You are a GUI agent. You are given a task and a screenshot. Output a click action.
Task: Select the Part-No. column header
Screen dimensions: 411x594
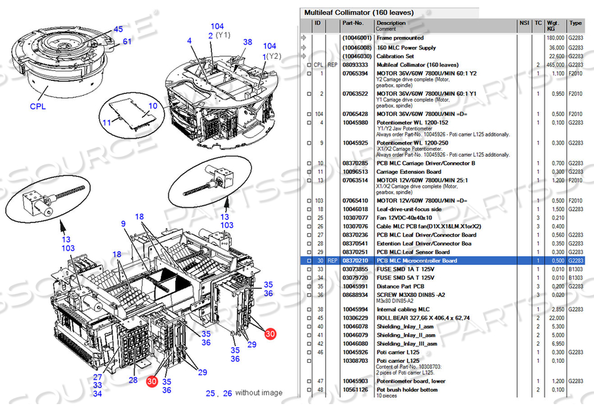tap(352, 23)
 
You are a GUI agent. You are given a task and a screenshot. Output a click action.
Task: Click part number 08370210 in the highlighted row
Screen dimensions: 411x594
tap(355, 261)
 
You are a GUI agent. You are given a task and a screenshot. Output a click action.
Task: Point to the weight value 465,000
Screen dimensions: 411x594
tap(555, 65)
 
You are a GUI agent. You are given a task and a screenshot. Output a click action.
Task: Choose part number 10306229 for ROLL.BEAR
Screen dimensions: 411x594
tap(355, 318)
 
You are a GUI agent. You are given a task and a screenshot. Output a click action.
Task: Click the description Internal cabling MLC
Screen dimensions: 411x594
tap(403, 310)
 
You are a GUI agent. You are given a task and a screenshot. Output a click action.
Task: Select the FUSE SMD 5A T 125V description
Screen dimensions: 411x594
tap(406, 277)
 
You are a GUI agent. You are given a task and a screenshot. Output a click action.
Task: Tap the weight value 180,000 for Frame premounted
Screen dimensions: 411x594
tap(555, 38)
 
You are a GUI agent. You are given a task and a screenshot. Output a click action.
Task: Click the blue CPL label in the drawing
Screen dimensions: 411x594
tap(38, 107)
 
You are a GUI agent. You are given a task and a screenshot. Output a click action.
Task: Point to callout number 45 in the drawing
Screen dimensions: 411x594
tap(118, 29)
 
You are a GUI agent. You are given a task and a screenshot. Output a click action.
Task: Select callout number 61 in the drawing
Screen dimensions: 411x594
tap(127, 42)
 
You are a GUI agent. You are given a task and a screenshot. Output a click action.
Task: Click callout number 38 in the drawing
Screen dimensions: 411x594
tap(247, 42)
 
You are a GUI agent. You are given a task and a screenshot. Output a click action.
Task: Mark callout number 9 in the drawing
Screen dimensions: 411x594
tap(123, 223)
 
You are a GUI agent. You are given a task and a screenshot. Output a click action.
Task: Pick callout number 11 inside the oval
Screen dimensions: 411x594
tap(106, 122)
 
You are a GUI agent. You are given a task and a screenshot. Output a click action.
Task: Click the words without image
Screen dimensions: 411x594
tap(259, 393)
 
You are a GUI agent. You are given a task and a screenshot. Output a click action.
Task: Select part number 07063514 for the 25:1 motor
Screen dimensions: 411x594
tap(355, 180)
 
